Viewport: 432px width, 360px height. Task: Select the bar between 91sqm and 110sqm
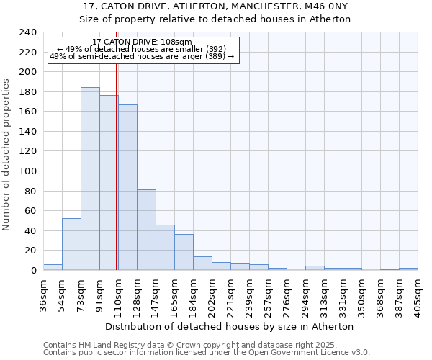(x=109, y=183)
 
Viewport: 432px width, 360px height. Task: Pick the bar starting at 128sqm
(x=146, y=230)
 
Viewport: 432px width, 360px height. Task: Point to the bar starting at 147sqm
(x=165, y=248)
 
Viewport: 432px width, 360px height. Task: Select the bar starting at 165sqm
(x=184, y=252)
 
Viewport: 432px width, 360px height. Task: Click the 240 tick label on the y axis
(x=28, y=33)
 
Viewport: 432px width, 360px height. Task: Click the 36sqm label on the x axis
(x=43, y=291)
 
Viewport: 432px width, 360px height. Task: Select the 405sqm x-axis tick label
(x=418, y=293)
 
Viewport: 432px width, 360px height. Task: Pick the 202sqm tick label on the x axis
(x=212, y=293)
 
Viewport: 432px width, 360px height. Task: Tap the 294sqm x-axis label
(x=305, y=293)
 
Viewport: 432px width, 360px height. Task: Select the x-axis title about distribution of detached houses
(x=235, y=326)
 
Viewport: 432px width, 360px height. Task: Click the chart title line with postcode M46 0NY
(x=215, y=6)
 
